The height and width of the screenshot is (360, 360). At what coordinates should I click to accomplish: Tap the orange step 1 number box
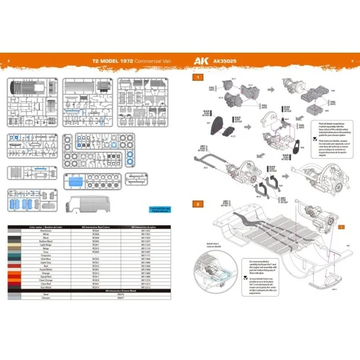pyautogui.click(x=197, y=78)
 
